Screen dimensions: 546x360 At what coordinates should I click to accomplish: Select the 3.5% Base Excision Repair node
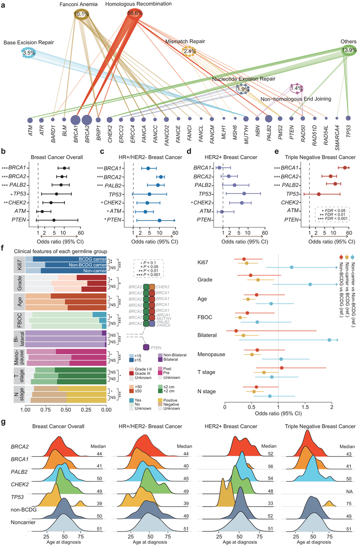29,53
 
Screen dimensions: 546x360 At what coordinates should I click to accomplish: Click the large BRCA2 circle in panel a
87,120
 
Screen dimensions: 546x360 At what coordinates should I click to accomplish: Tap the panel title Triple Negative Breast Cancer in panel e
320,158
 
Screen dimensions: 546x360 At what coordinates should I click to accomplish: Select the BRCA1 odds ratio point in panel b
64,168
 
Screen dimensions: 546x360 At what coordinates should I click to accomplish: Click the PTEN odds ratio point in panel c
159,220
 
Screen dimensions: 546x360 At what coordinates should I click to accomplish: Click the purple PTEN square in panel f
146,347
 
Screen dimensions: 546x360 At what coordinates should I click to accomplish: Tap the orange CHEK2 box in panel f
152,276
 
